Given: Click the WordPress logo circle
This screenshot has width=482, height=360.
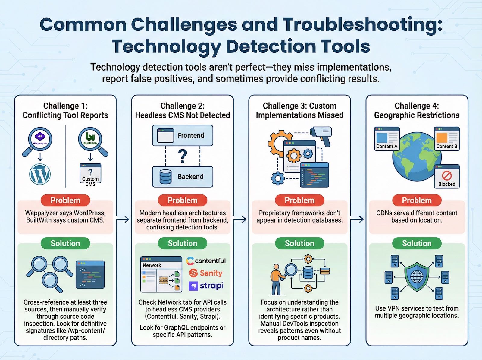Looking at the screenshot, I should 40,174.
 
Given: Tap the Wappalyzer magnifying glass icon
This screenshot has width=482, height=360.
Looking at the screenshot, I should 40,140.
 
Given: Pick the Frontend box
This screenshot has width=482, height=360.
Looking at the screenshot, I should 183,135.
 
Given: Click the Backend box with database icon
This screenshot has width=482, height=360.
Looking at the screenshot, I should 183,177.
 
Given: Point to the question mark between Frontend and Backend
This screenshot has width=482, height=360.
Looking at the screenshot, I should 183,156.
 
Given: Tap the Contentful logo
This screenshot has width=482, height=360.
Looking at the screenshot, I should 206,261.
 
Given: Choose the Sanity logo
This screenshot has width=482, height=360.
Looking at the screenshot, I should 206,273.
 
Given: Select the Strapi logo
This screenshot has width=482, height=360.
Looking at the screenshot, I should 206,286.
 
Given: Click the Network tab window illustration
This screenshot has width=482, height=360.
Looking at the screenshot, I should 161,274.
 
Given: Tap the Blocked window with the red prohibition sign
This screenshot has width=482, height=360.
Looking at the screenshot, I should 447,177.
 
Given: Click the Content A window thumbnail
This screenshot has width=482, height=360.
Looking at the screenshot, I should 387,138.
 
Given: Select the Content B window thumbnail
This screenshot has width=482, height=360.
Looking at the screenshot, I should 447,138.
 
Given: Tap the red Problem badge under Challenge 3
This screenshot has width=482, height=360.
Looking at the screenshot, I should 299,201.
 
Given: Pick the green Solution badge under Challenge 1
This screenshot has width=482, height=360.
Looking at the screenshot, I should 65,243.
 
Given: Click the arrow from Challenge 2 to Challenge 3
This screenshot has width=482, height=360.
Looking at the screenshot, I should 240,219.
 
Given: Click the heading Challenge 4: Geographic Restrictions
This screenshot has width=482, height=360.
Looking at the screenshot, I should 417,110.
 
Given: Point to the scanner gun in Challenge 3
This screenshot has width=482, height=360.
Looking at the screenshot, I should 321,134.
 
